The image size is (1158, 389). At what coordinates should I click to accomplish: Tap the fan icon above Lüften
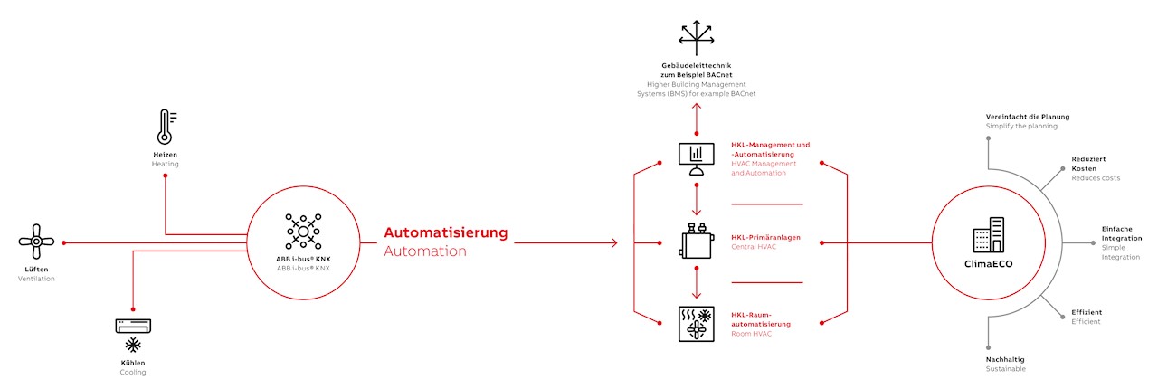pos(36,242)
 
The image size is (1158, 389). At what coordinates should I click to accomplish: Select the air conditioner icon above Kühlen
pos(133,327)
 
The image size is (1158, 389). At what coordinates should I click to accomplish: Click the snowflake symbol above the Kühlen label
pos(133,346)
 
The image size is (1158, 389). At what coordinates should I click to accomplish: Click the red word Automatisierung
pos(446,232)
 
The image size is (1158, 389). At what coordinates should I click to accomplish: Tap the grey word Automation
pos(425,251)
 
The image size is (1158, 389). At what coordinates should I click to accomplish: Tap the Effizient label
pos(1087,312)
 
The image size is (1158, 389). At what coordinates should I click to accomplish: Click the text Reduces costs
pos(1096,178)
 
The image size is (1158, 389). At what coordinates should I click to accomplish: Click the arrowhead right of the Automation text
pos(612,242)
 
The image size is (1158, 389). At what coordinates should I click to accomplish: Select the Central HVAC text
pos(754,246)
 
